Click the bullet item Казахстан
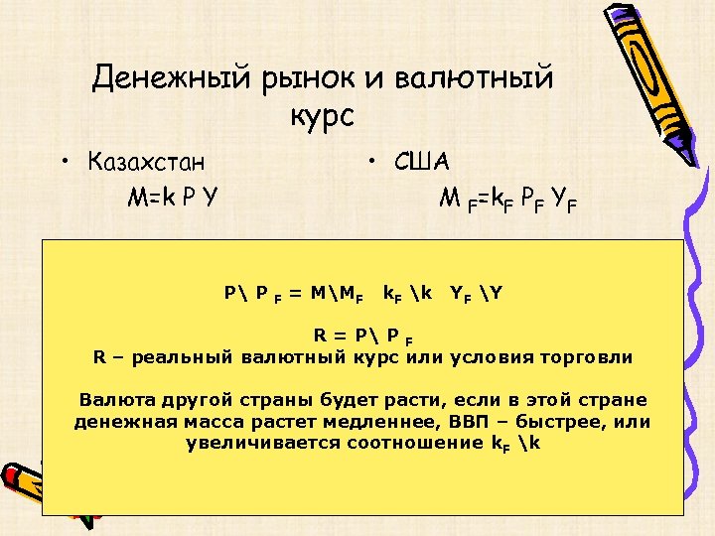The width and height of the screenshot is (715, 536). point(152,160)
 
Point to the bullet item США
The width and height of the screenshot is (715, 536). point(421,160)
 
